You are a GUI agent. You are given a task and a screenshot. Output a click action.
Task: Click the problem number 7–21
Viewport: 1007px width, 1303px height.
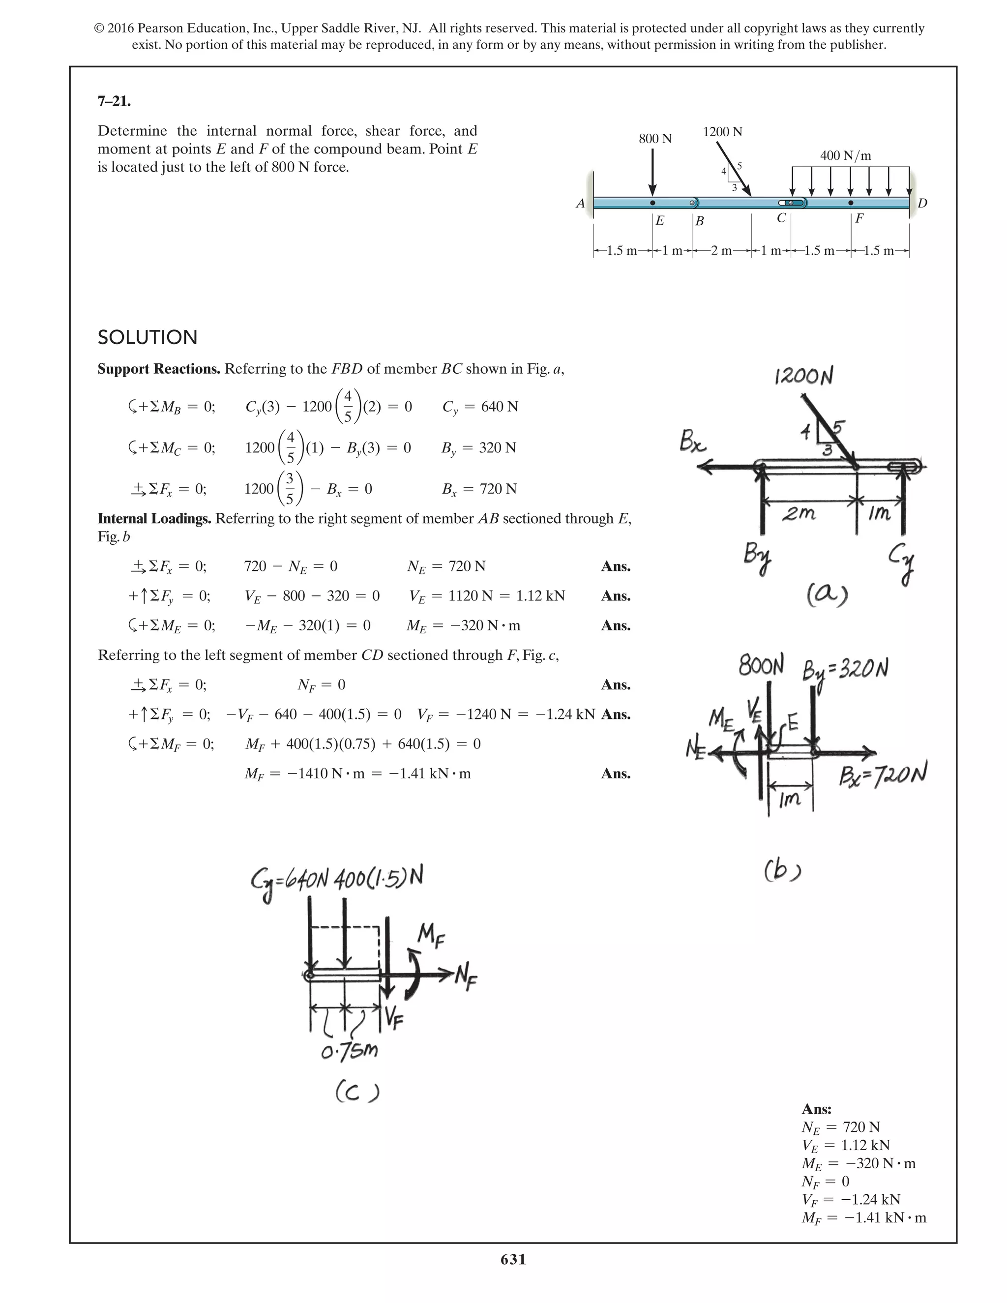pos(114,101)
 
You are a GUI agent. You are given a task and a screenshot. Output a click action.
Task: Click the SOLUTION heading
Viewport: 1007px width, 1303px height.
pos(148,338)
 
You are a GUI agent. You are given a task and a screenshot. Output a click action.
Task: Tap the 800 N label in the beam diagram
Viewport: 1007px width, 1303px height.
pos(655,139)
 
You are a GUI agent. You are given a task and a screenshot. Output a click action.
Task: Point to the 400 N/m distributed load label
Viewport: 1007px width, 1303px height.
pos(845,156)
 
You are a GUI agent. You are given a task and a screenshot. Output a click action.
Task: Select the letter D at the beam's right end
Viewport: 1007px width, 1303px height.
pos(922,204)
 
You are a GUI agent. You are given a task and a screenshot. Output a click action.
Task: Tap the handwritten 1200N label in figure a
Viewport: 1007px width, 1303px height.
pos(803,377)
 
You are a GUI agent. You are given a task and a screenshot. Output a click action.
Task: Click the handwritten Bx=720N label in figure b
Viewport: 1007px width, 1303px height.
pos(883,775)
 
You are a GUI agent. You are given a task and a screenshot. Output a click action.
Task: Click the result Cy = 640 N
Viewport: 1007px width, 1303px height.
pos(480,407)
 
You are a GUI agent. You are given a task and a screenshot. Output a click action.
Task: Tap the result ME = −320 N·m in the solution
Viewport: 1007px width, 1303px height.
pos(463,626)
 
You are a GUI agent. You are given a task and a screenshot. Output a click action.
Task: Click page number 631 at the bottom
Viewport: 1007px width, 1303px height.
pos(513,1259)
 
